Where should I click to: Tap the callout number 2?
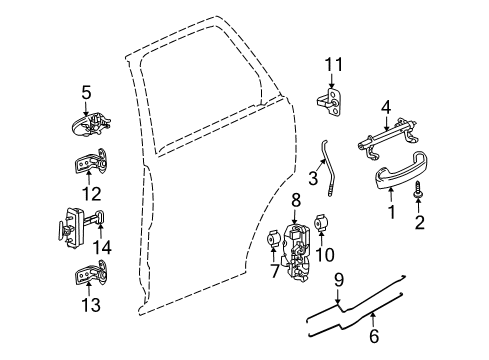pos(419,222)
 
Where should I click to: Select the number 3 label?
pos(313,179)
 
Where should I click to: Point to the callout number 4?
pos(386,102)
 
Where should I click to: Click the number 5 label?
pos(86,94)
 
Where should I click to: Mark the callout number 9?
pos(339,279)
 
